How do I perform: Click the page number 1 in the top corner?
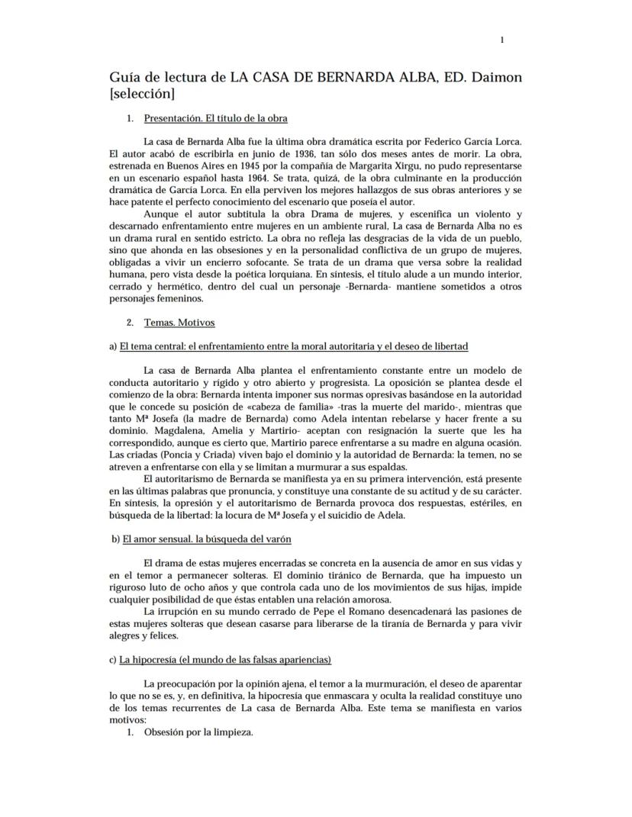[501, 40]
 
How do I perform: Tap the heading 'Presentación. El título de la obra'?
[215, 118]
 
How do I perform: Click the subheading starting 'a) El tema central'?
[289, 346]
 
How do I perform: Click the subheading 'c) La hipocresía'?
[221, 659]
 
